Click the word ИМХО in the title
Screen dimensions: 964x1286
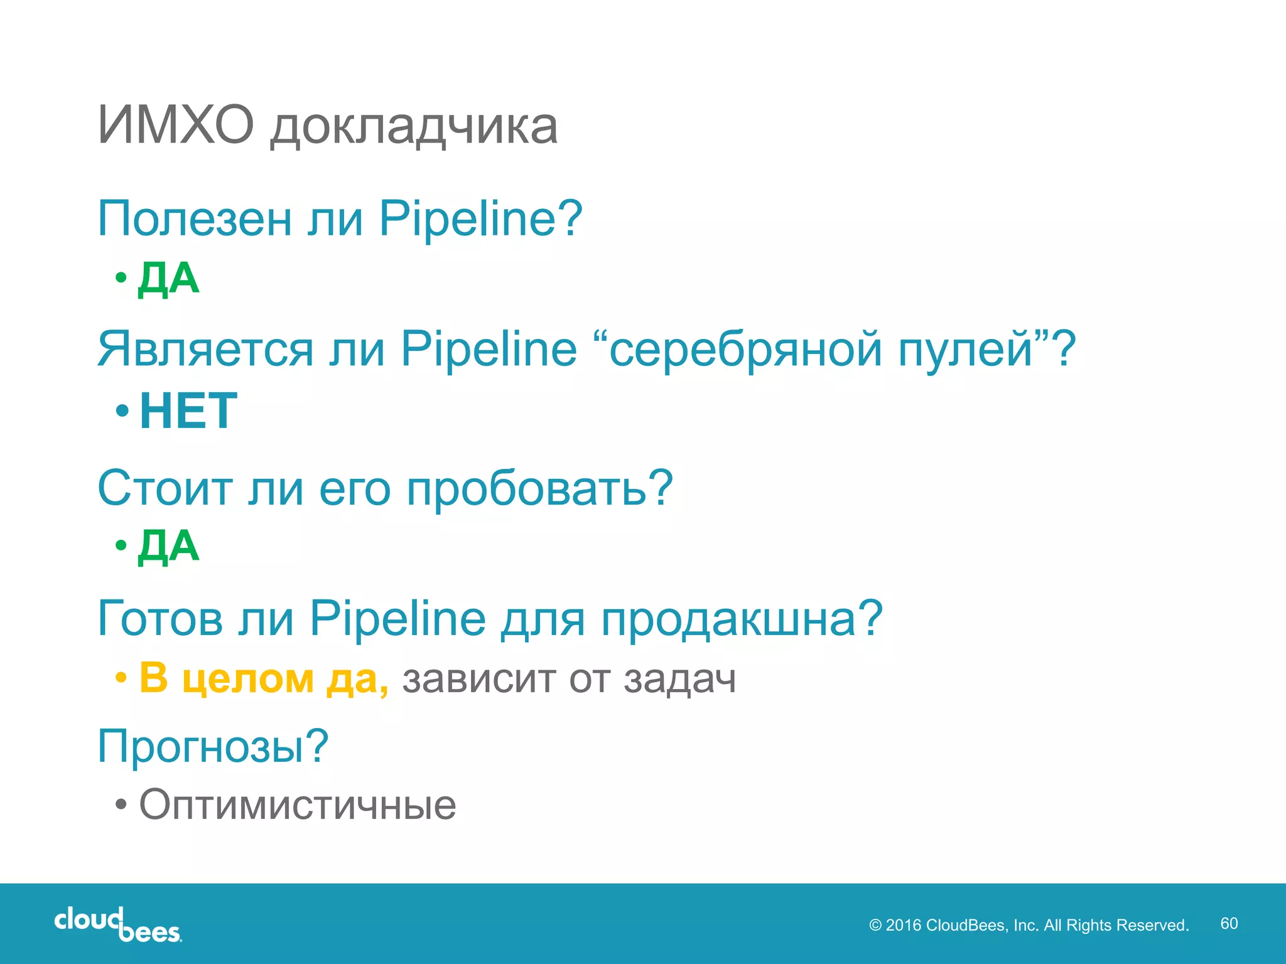coord(176,126)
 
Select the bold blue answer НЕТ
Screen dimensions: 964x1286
coord(188,410)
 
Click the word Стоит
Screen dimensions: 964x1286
coord(165,488)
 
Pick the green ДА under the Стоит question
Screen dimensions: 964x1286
coord(168,546)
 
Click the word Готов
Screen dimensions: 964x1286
coord(160,618)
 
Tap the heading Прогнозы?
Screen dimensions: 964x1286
coord(213,747)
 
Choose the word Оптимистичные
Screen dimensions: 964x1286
coord(298,805)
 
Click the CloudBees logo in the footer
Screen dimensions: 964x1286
coord(118,924)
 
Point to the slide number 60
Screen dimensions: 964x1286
coord(1229,923)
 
